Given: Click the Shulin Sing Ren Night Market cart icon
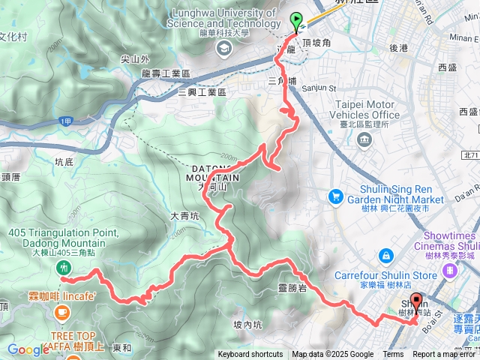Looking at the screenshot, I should coord(335,196).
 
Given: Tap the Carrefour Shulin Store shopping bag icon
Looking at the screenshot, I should coord(385,255).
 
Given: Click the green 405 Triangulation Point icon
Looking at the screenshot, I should coord(64,266).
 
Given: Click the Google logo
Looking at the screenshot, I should coord(28,349).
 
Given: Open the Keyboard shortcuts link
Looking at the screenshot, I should coord(250,355).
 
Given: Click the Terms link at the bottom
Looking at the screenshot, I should coord(393,355).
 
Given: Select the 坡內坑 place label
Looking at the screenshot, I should coord(247,324).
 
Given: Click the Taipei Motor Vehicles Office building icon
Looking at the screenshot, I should coord(365,140).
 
